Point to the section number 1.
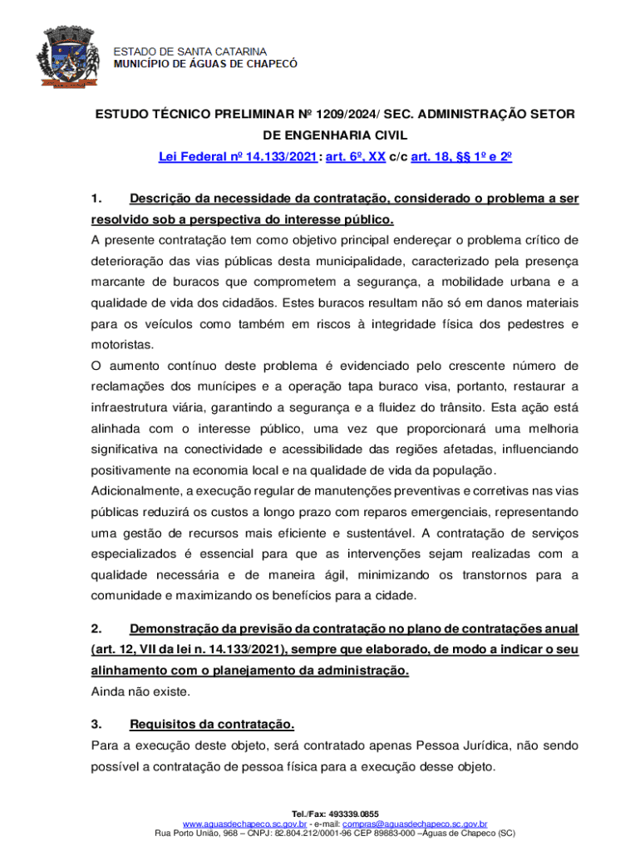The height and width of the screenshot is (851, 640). coord(96,199)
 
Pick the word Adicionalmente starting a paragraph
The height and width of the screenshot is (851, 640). coord(136,490)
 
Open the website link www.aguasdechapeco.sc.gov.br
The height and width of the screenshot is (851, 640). coord(250,823)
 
